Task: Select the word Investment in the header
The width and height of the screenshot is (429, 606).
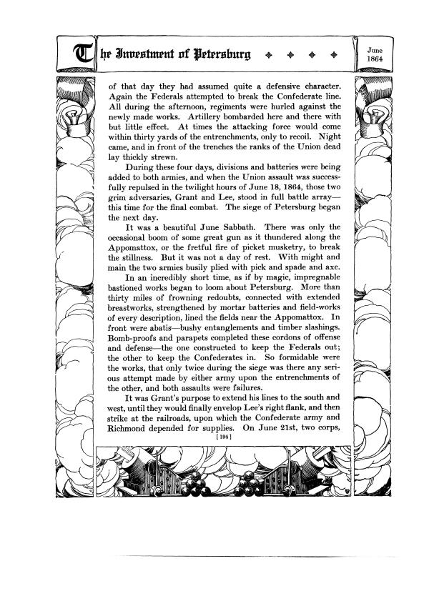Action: click(x=134, y=53)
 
